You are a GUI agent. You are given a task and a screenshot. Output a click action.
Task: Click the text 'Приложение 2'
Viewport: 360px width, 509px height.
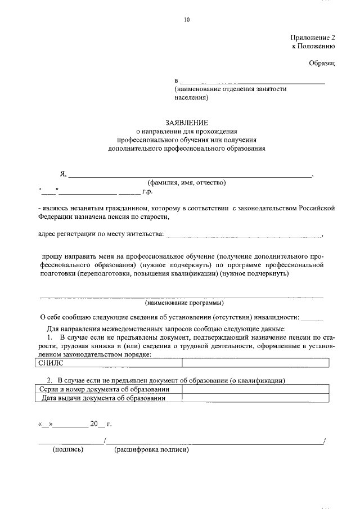click(313, 38)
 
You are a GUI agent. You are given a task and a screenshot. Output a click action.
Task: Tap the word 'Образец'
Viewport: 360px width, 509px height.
click(322, 64)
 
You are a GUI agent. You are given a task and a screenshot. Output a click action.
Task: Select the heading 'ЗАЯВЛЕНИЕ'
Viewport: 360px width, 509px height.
click(186, 122)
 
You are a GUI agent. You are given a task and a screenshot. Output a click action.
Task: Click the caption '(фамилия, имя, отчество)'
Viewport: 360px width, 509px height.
click(186, 182)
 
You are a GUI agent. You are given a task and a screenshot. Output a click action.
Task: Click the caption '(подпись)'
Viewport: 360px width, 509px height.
click(68, 449)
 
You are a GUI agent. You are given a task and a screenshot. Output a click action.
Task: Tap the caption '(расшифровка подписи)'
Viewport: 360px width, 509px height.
click(151, 449)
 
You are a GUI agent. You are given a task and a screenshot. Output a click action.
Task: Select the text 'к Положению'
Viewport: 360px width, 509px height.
click(313, 47)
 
